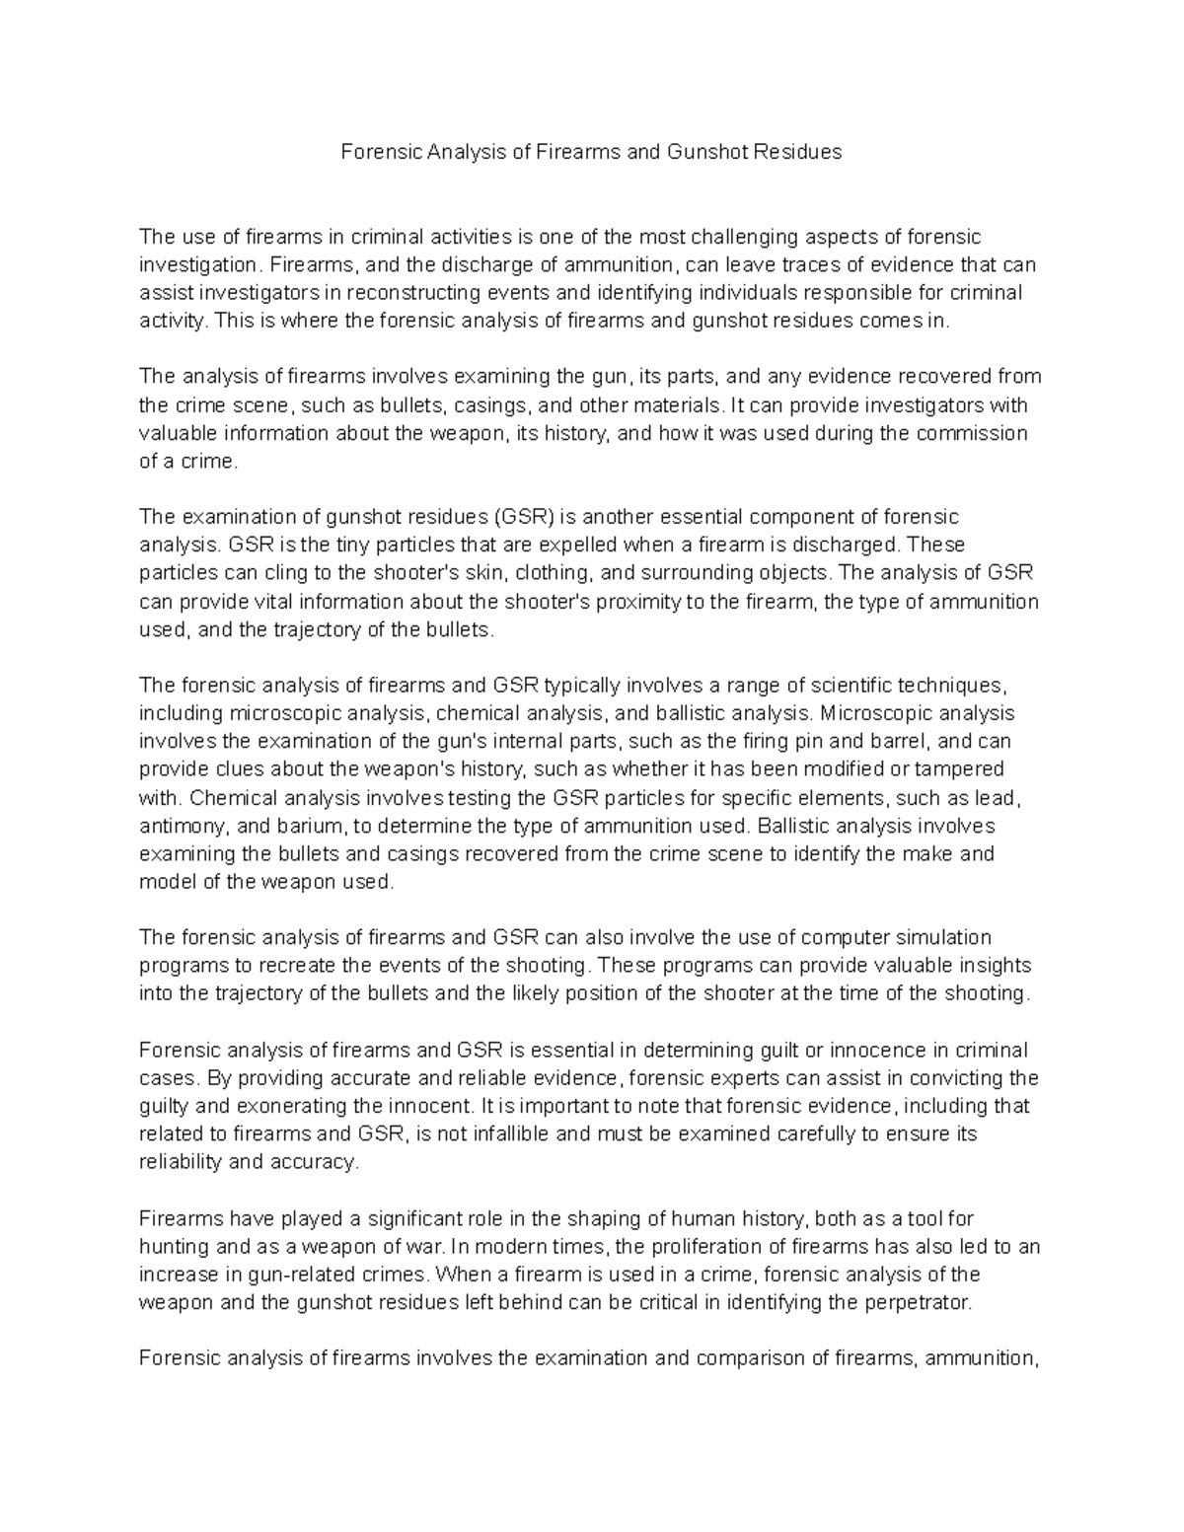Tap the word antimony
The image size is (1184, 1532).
tap(178, 826)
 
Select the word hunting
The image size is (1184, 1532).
tap(174, 1247)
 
